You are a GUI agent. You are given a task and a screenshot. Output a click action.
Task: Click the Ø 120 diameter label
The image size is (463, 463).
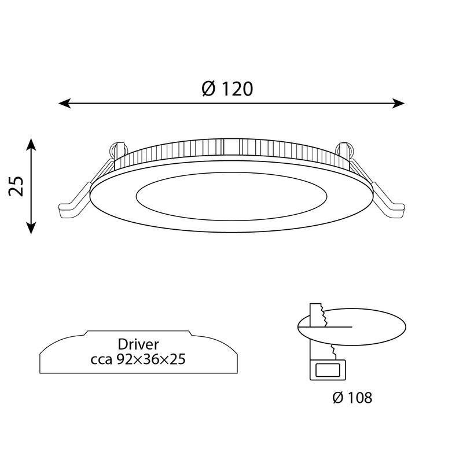point(227,89)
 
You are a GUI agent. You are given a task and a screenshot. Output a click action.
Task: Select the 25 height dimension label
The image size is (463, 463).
point(18,186)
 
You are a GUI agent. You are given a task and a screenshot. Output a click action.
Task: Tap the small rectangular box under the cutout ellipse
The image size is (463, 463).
point(328,370)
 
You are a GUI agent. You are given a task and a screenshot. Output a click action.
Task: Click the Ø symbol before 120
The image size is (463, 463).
point(208,89)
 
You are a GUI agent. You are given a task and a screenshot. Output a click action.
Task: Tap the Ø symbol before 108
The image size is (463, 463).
point(339,398)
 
